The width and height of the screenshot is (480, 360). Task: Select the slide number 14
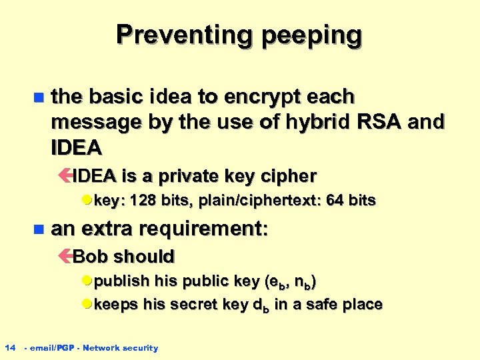10,347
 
